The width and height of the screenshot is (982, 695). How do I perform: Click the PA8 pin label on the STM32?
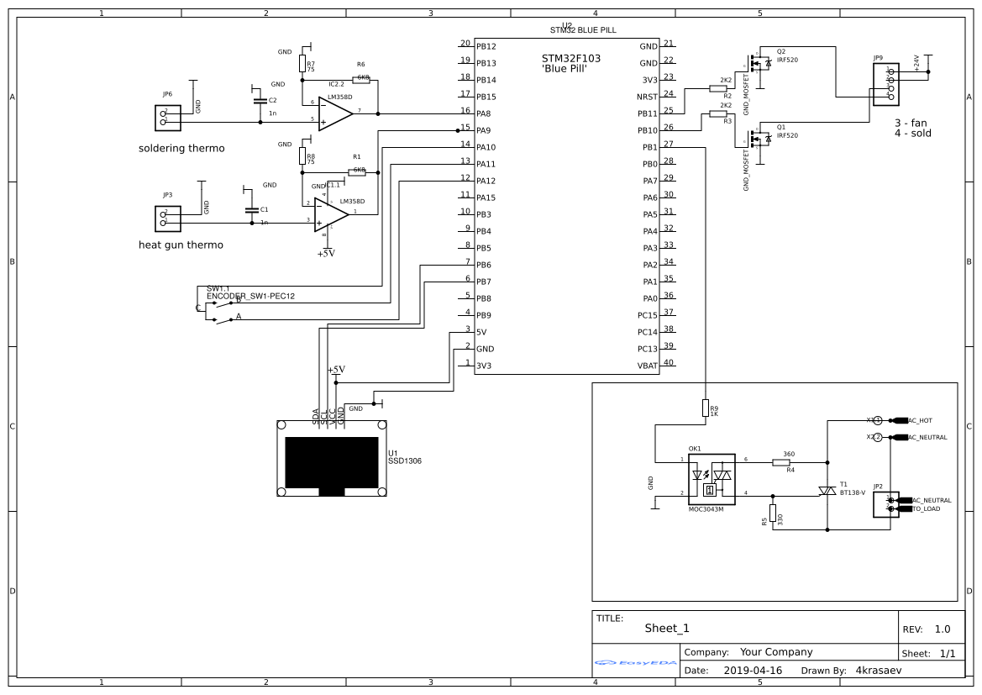tap(485, 113)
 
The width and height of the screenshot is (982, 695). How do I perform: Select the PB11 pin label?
tap(648, 113)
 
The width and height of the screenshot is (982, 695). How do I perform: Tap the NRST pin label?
tap(648, 97)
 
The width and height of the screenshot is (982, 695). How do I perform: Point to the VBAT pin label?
tap(648, 366)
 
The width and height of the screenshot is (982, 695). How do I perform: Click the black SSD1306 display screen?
tap(332, 462)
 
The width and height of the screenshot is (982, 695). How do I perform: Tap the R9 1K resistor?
tap(705, 408)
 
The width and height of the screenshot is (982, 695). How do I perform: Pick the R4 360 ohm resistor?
tap(788, 461)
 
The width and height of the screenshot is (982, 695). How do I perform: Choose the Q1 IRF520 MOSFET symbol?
tap(759, 139)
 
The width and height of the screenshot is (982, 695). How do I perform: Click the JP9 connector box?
tap(886, 84)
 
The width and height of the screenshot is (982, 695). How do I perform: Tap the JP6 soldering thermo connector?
tap(167, 118)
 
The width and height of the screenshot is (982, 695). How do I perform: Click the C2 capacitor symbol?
tap(259, 101)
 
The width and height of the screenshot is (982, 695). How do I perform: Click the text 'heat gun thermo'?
tap(181, 245)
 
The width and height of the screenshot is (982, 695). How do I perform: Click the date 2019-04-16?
tap(752, 671)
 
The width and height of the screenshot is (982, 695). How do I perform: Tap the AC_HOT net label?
tap(920, 420)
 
